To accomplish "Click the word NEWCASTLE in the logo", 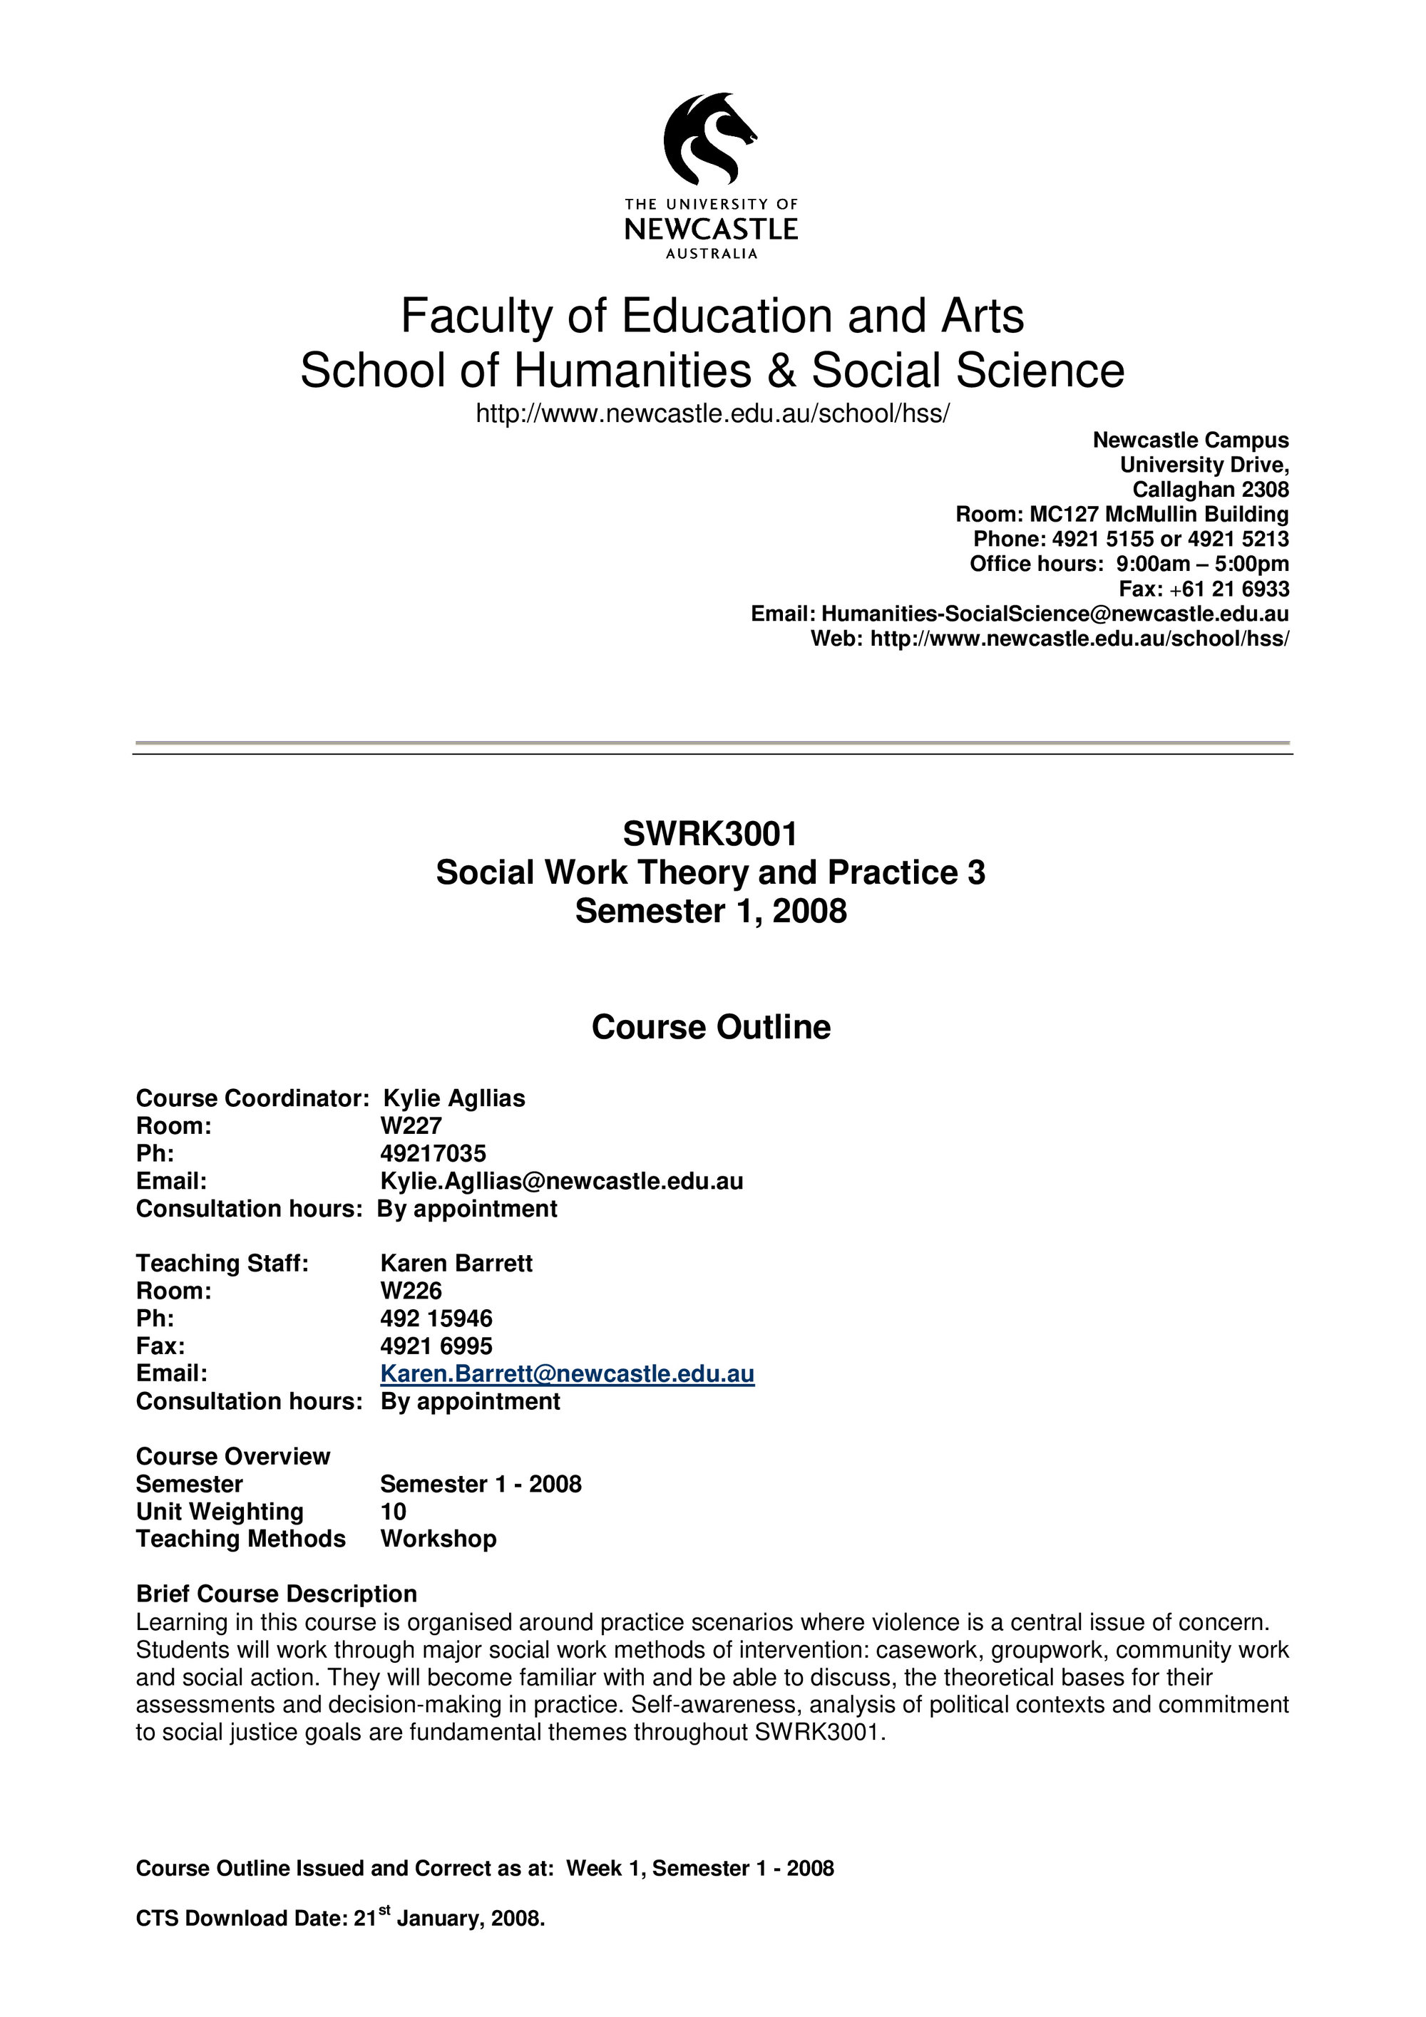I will (711, 230).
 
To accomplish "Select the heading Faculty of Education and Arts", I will (712, 316).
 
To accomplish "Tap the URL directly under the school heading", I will (712, 414).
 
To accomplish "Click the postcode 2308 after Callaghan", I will (1265, 490).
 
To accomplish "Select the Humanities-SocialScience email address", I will (1055, 614).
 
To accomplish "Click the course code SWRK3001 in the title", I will (710, 834).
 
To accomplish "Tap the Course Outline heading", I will (711, 1027).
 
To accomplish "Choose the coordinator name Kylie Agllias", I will (454, 1099).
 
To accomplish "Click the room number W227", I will (411, 1126).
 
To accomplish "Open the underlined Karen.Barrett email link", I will (567, 1374).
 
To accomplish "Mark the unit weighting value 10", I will (393, 1512).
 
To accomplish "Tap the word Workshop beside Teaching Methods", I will (438, 1539).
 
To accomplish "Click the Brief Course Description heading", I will (276, 1594).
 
